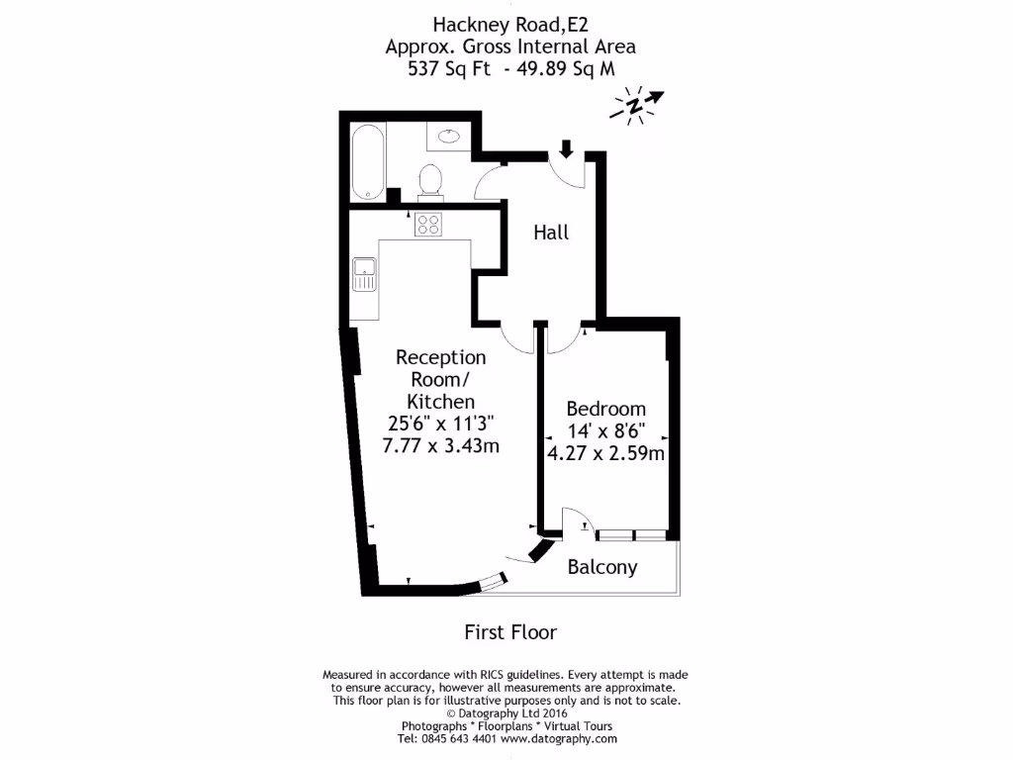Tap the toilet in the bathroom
pyautogui.click(x=429, y=181)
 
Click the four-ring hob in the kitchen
pyautogui.click(x=428, y=224)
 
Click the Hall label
pyautogui.click(x=551, y=233)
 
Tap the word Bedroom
pyautogui.click(x=605, y=409)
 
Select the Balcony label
pyautogui.click(x=601, y=567)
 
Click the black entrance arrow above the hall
pyautogui.click(x=566, y=149)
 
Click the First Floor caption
pyautogui.click(x=510, y=631)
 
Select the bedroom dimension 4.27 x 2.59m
pyautogui.click(x=605, y=453)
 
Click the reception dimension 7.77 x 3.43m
pyautogui.click(x=441, y=445)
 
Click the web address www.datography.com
pyautogui.click(x=559, y=738)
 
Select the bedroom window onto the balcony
pyautogui.click(x=632, y=534)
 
